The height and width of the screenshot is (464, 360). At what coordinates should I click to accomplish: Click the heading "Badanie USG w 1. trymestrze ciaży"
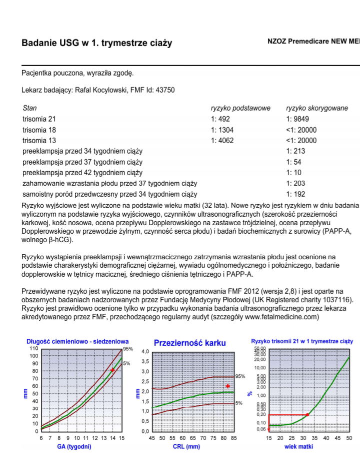(x=96, y=43)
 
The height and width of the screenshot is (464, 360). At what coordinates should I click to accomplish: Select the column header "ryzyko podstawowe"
(x=240, y=108)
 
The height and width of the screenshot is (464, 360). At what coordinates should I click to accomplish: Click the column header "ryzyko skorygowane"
(x=316, y=108)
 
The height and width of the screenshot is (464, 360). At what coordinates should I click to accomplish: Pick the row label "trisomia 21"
(x=39, y=119)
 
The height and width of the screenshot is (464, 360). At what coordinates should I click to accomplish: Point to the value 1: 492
(x=221, y=119)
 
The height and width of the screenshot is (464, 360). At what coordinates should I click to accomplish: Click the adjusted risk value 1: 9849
(x=298, y=119)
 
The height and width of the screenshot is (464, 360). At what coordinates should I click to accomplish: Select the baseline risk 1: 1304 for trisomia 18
(x=222, y=130)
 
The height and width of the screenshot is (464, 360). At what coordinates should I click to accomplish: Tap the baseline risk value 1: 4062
(x=222, y=141)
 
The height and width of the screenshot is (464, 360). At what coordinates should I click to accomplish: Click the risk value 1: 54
(x=294, y=162)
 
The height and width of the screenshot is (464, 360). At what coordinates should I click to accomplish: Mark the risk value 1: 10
(x=294, y=173)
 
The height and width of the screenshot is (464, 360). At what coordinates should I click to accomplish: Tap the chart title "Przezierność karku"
(x=190, y=343)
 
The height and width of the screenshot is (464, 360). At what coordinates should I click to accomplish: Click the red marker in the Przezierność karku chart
(x=228, y=386)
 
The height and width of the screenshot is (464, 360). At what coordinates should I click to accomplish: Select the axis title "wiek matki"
(x=299, y=446)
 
